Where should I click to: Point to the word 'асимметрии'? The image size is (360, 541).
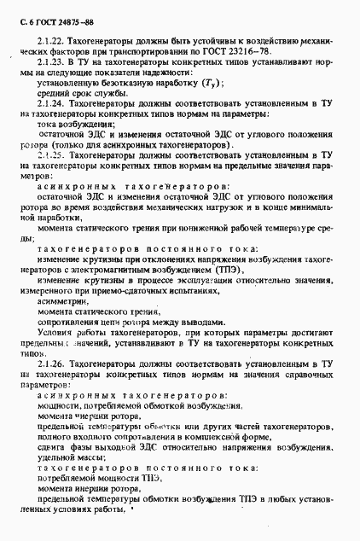coord(62,302)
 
